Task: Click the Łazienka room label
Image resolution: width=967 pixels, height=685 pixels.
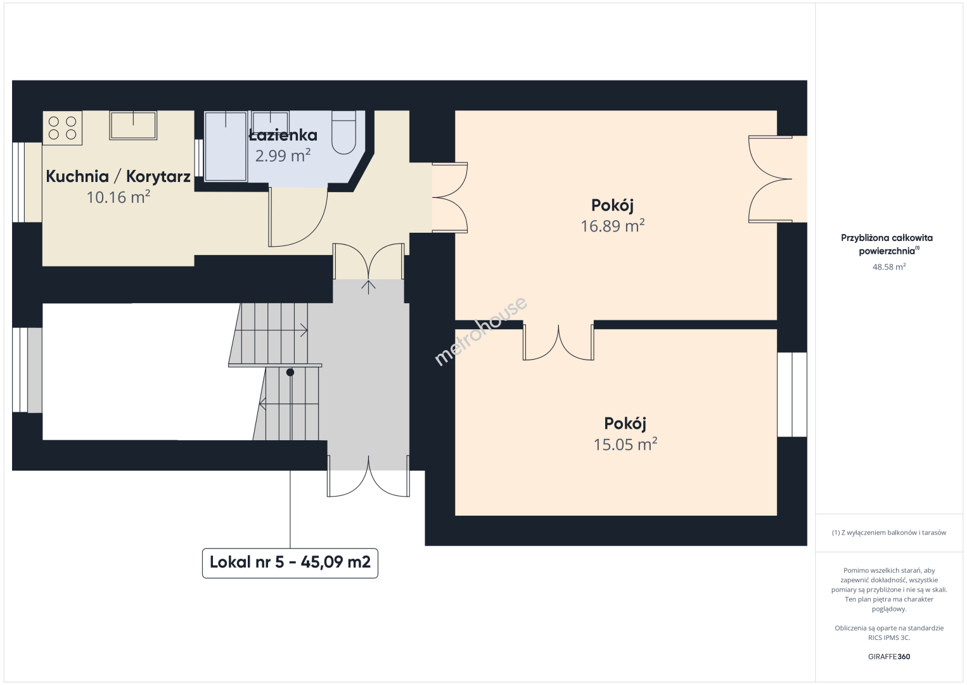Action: (x=283, y=135)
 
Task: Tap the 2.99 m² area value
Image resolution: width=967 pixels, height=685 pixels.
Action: (x=283, y=155)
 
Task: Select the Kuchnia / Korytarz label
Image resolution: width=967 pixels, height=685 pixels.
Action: (x=118, y=176)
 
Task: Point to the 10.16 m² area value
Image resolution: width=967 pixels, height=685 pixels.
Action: (x=118, y=197)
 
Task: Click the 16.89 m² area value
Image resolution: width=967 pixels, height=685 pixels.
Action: (x=613, y=226)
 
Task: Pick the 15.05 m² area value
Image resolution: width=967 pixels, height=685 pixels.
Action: (x=625, y=444)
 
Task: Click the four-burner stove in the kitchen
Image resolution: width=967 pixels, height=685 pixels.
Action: (x=62, y=128)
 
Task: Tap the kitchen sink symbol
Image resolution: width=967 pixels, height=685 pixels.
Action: (x=133, y=126)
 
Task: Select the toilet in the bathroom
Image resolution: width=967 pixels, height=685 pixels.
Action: (x=343, y=133)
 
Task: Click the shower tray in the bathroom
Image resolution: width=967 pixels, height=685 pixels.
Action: (x=226, y=146)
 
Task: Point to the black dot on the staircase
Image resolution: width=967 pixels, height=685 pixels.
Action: (x=290, y=372)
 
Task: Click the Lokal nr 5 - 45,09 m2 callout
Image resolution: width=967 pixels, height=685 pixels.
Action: (x=290, y=563)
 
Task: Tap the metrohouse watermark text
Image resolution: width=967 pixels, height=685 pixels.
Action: (x=480, y=331)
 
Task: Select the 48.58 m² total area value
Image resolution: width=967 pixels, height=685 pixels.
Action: (x=889, y=266)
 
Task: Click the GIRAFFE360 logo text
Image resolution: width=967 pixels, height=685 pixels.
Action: (x=889, y=656)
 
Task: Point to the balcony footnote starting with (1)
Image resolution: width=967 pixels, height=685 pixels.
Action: (x=889, y=532)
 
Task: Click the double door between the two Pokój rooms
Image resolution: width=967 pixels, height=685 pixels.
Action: (x=558, y=342)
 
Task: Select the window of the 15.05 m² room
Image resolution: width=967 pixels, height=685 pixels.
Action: (x=792, y=395)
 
